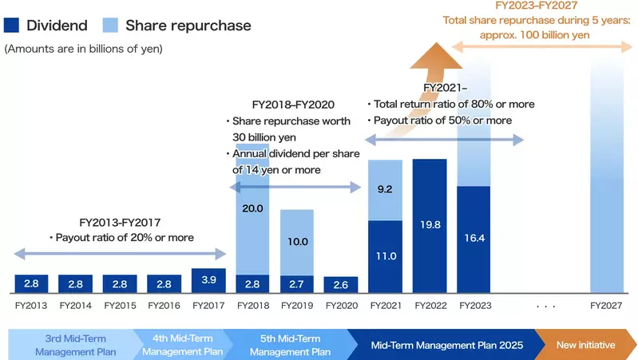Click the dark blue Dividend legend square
click(x=13, y=26)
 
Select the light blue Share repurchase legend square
click(x=113, y=26)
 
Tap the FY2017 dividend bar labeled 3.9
click(x=208, y=281)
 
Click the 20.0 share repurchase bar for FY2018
click(x=252, y=209)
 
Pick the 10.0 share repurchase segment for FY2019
click(x=297, y=242)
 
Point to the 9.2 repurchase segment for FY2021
click(x=385, y=191)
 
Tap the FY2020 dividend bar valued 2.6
click(x=341, y=284)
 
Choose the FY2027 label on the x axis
click(x=606, y=305)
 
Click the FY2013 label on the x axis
click(x=31, y=305)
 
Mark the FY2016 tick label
click(x=164, y=305)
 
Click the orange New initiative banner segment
click(x=585, y=345)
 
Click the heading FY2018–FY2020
click(x=292, y=105)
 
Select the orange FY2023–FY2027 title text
click(x=547, y=6)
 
